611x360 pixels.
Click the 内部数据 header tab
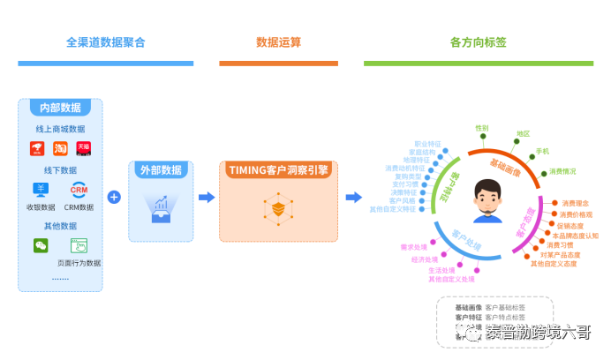point(60,108)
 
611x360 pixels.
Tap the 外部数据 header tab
point(161,169)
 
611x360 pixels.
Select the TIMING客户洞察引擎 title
point(278,169)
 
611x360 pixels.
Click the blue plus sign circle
point(114,197)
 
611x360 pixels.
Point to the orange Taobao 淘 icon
point(60,148)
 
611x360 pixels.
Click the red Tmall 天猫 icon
point(84,148)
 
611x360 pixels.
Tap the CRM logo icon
point(79,190)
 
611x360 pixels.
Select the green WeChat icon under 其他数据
point(41,245)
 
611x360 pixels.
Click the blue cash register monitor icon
point(41,190)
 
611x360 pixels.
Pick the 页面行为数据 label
point(79,263)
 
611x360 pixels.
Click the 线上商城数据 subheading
point(60,129)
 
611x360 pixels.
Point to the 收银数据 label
point(41,207)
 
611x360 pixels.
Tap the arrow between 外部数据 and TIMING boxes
point(207,197)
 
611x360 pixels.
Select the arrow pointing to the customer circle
point(353,197)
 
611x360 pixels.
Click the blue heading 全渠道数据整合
point(105,41)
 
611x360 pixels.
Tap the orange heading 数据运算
point(278,41)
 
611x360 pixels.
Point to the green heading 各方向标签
point(478,41)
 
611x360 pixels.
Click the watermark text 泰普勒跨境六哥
point(537,332)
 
